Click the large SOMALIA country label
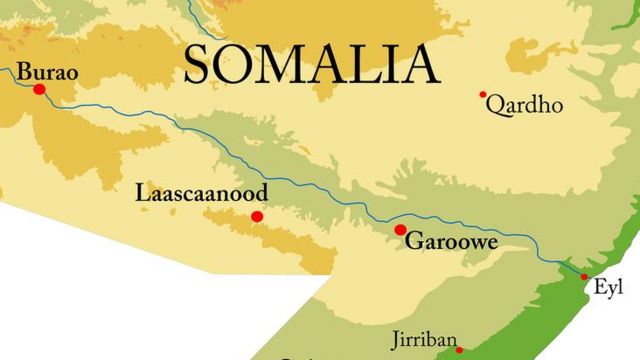(x=311, y=63)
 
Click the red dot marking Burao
(x=40, y=89)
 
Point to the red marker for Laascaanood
(x=257, y=216)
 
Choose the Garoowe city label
(x=451, y=242)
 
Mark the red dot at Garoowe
(x=400, y=230)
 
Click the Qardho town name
(x=524, y=106)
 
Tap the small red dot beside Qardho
(x=483, y=95)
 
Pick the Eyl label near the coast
(x=608, y=287)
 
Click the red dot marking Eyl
(x=585, y=276)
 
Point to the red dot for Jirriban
(x=459, y=350)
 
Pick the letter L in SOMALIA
(x=365, y=63)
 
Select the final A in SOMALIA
(x=420, y=63)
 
